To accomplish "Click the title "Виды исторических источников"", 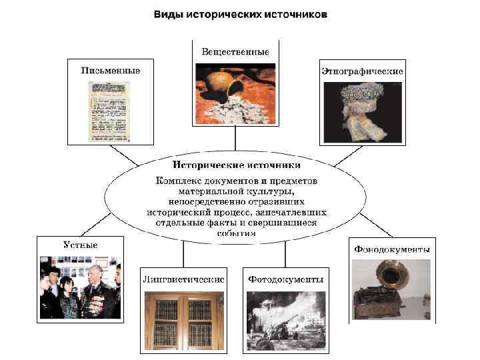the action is point(241,14).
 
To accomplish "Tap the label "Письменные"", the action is point(109,71).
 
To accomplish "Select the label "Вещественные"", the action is point(235,51).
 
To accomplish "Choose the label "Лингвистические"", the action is point(183,278).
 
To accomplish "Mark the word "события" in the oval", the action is point(236,233).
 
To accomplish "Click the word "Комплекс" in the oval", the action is point(178,180).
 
